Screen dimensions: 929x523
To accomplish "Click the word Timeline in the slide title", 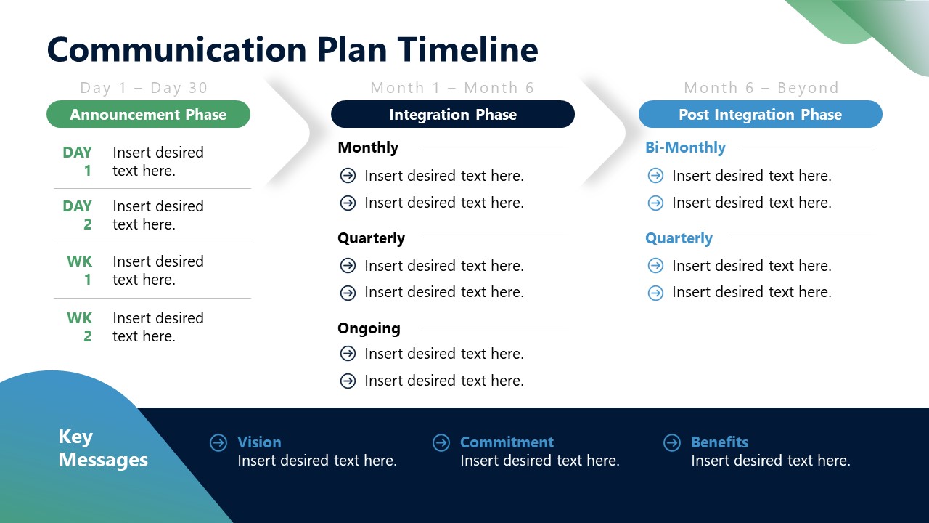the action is [x=467, y=50].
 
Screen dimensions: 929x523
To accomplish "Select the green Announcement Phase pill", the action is [x=148, y=115].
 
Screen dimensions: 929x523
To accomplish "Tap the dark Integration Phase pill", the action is [x=452, y=115].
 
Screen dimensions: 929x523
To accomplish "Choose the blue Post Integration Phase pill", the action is [x=760, y=115].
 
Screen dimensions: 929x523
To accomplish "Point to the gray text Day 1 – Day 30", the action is [x=144, y=88].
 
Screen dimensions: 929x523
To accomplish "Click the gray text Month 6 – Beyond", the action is [x=761, y=88].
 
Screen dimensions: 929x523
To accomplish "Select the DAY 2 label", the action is [x=78, y=215].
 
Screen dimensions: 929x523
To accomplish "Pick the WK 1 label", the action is [x=81, y=270].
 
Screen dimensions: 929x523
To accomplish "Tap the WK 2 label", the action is [x=81, y=327].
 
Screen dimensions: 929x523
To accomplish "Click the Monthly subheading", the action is [x=368, y=147].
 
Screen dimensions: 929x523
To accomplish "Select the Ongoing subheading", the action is [x=369, y=328].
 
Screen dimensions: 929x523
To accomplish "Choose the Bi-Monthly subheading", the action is [x=685, y=147].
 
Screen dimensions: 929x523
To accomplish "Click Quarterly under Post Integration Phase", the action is [x=679, y=238].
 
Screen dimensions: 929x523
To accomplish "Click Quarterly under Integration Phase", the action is [x=371, y=238].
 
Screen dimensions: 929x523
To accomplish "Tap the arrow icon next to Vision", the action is [x=218, y=442].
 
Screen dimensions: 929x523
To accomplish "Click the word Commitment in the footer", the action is [x=507, y=442].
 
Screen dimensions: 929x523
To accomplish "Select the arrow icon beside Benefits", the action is [x=672, y=442].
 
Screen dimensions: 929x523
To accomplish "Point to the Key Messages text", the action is [x=102, y=448].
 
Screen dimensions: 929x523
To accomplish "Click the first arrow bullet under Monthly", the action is [x=348, y=176].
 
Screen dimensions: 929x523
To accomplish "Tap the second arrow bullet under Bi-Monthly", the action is [x=655, y=203].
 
